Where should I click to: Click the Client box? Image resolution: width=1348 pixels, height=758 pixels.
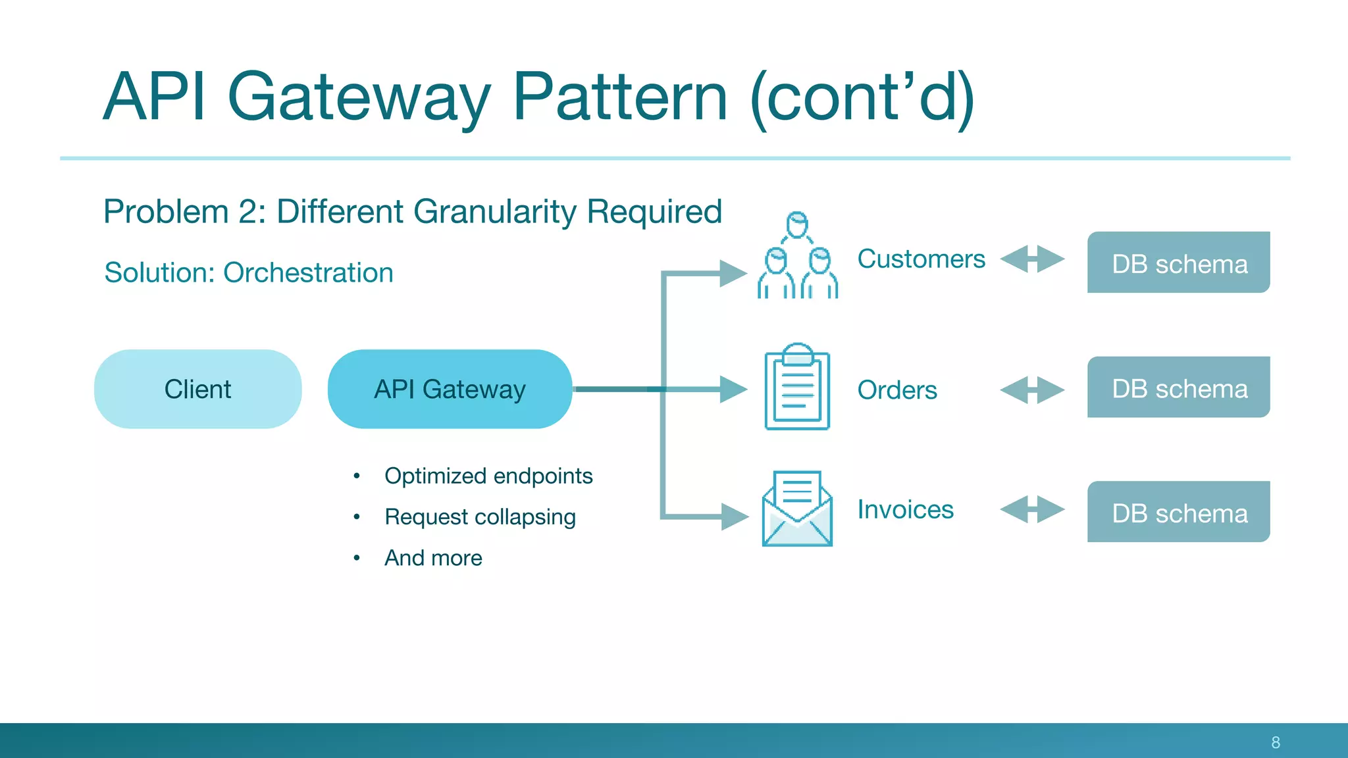[x=197, y=389]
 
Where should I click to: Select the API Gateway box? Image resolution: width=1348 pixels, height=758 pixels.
[x=450, y=389]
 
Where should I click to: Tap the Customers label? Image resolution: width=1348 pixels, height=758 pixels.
[x=921, y=259]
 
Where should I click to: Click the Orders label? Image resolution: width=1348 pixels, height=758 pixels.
[x=897, y=390]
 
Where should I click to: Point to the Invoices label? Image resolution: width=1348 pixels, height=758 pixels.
[x=905, y=509]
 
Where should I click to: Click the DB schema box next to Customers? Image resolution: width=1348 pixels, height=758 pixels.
[x=1178, y=263]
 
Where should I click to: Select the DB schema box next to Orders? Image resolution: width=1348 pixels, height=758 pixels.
[x=1178, y=388]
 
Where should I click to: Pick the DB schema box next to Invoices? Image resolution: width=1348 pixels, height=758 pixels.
[x=1178, y=513]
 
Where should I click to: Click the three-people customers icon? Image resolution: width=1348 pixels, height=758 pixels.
[x=797, y=257]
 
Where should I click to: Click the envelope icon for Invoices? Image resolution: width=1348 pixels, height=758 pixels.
[x=797, y=509]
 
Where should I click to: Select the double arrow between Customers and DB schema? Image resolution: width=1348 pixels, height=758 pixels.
[x=1032, y=259]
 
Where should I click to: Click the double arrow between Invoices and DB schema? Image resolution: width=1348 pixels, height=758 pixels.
[x=1032, y=509]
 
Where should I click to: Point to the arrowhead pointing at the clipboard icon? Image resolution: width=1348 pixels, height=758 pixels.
[x=733, y=389]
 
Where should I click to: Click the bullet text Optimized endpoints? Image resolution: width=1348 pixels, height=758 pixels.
[x=488, y=476]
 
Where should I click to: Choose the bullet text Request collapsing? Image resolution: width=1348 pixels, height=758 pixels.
[x=480, y=517]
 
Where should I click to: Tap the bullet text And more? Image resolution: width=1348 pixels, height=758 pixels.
[x=433, y=558]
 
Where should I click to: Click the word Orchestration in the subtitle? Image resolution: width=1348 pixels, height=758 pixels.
[x=308, y=272]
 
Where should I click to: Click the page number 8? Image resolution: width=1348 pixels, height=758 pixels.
[x=1276, y=742]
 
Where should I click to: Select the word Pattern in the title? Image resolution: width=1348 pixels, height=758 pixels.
[x=619, y=97]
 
